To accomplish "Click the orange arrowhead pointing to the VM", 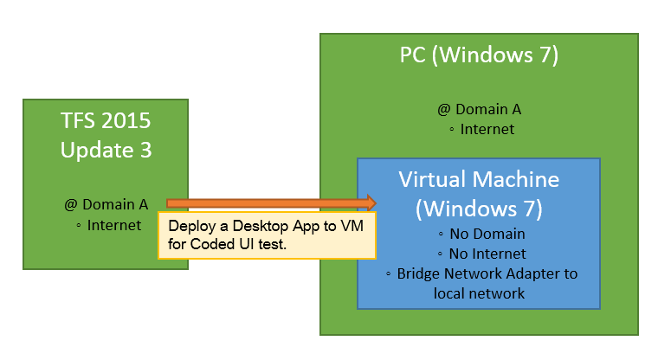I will point(371,202).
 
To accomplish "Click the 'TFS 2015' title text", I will point(106,120).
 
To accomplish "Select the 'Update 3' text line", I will point(106,149).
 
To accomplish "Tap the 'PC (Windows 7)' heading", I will point(479,55).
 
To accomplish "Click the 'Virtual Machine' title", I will point(479,180).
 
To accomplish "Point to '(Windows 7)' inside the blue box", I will point(479,209).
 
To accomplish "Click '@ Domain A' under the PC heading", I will point(479,110).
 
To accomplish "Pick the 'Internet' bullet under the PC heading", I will point(485,130).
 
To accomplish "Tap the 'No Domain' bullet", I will point(485,234).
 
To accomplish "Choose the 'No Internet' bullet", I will point(485,254).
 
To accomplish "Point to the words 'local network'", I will point(479,292).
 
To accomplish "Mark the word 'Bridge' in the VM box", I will point(419,273).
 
